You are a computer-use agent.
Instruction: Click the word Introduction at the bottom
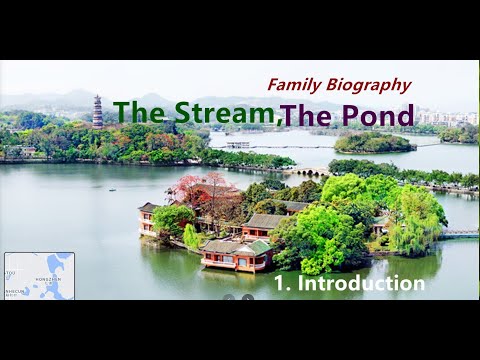pos(361,283)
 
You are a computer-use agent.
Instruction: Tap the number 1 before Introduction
pos(279,283)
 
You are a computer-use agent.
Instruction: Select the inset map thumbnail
pos(39,275)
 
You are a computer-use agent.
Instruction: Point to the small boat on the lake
pos(111,187)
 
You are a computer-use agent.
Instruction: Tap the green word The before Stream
pos(140,112)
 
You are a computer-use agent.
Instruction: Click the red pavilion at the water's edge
pos(237,256)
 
